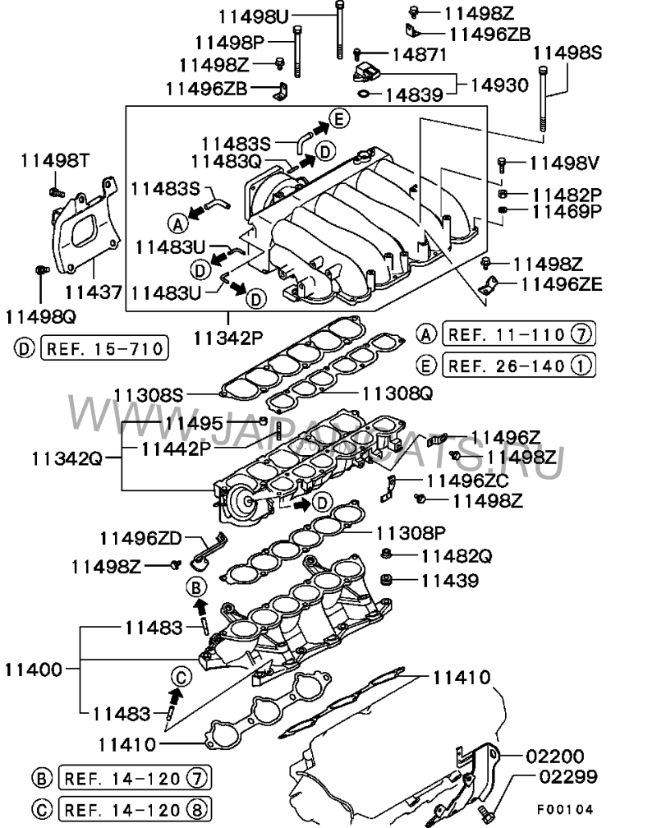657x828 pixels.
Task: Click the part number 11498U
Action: pos(253,17)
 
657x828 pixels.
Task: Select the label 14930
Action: pos(499,85)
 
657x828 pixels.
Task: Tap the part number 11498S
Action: pos(567,53)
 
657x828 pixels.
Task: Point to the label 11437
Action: pos(94,292)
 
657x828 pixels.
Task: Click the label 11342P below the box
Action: pos(228,338)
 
